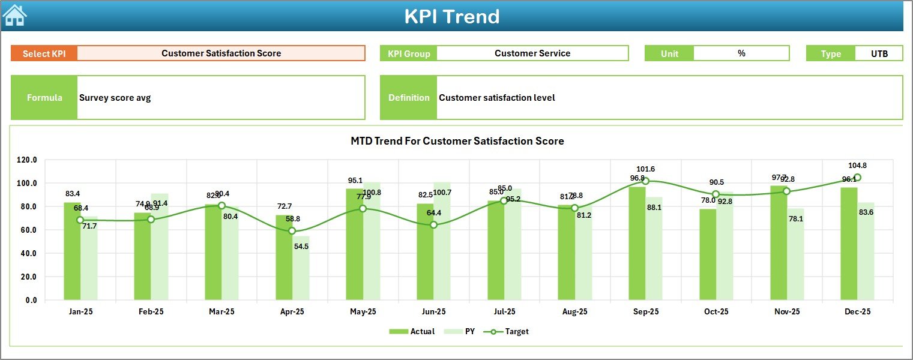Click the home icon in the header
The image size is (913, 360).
click(x=14, y=15)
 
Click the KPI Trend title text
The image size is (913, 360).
click(x=451, y=16)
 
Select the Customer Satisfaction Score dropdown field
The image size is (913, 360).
click(x=221, y=53)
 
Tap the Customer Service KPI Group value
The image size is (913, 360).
click(x=532, y=53)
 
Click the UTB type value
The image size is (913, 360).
click(x=879, y=53)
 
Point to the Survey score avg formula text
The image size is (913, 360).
click(x=115, y=98)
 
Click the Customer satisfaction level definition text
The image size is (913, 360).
click(x=496, y=98)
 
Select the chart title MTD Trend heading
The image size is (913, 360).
click(x=457, y=141)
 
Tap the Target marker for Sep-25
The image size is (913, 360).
click(x=645, y=181)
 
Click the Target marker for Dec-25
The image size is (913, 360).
click(x=857, y=178)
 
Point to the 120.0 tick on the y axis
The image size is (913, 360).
click(x=27, y=160)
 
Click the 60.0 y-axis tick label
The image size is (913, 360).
click(x=27, y=230)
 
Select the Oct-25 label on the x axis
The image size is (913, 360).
click(x=716, y=312)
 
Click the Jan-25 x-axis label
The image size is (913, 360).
click(x=80, y=312)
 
